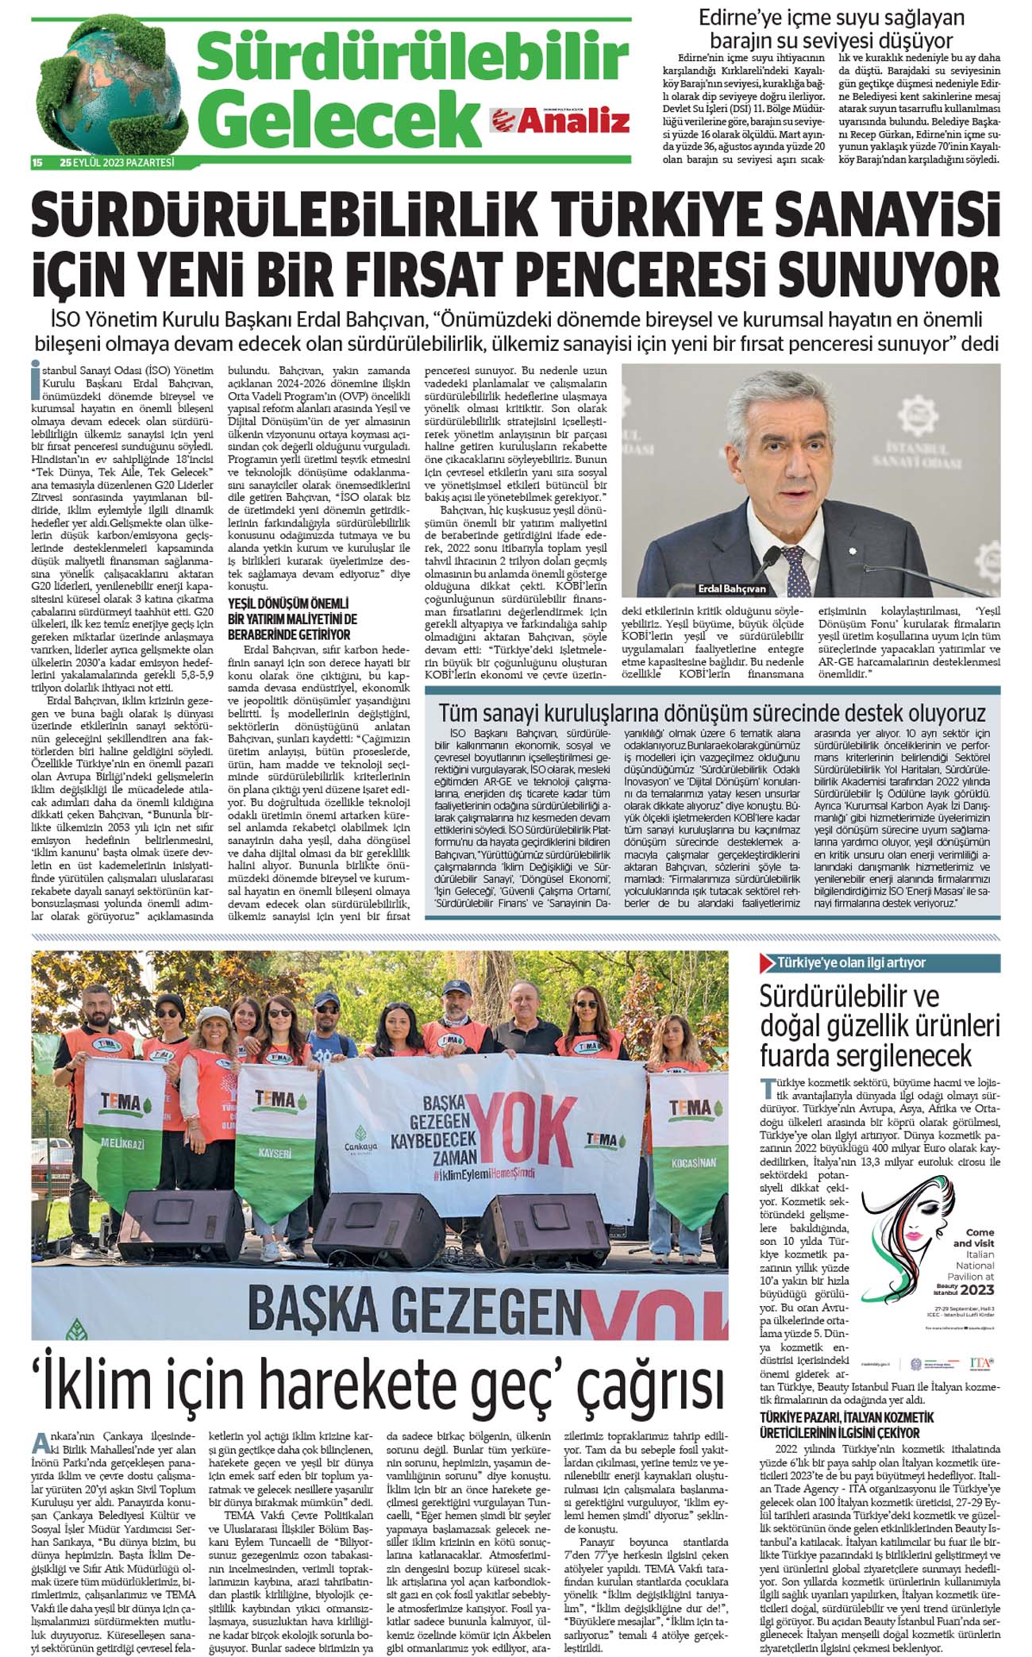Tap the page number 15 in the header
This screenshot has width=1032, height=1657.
tap(37, 164)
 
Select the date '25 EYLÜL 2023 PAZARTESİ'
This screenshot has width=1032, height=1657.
tap(117, 164)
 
